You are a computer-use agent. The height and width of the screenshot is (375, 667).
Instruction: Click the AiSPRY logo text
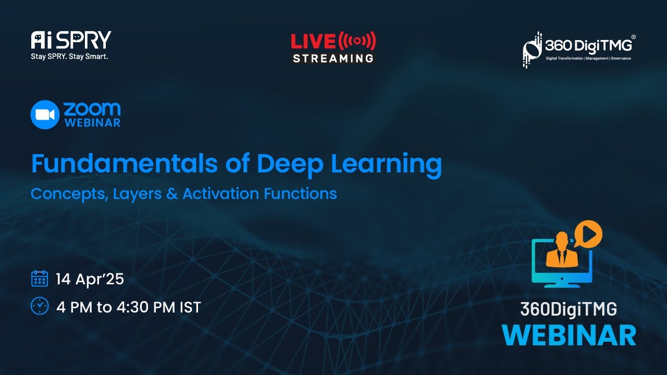(x=71, y=40)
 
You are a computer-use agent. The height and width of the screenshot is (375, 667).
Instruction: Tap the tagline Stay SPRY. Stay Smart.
(x=69, y=56)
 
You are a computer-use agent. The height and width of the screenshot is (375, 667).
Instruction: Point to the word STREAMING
(x=333, y=58)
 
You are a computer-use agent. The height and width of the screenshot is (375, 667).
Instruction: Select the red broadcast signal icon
(x=357, y=41)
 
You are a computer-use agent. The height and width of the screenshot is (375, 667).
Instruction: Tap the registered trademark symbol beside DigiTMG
(x=633, y=37)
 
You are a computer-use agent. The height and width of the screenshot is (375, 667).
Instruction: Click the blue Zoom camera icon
(x=45, y=115)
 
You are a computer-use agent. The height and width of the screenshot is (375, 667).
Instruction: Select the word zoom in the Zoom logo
(x=92, y=109)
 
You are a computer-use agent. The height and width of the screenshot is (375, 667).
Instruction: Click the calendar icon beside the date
(x=40, y=279)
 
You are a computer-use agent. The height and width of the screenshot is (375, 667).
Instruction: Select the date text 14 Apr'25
(x=90, y=279)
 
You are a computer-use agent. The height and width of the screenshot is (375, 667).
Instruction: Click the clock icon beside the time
(x=40, y=306)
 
